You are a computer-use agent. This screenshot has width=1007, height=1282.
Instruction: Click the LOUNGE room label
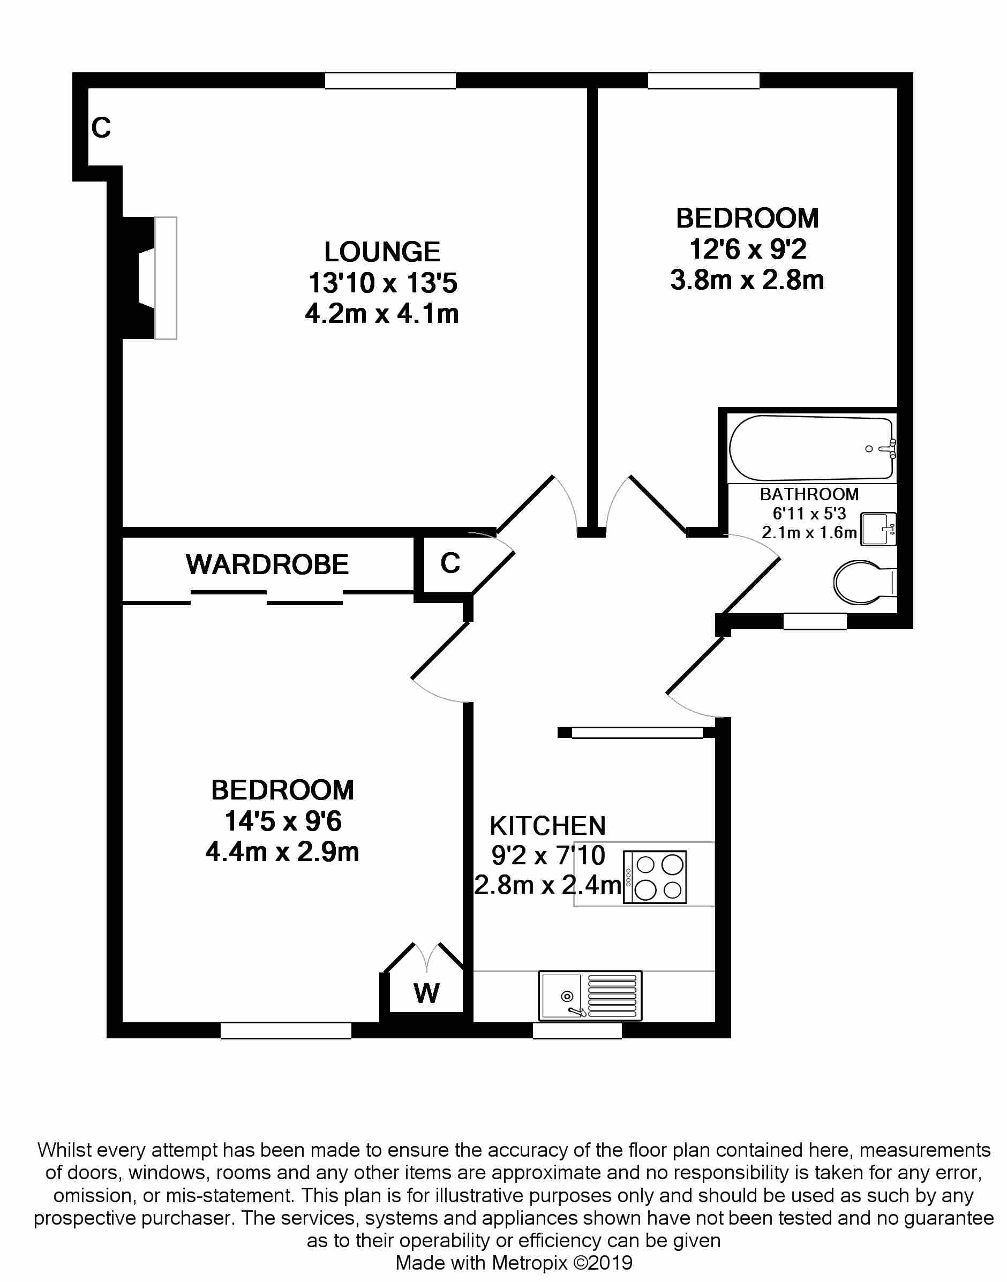coord(382,252)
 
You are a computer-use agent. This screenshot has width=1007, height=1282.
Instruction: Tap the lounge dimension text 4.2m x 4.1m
coord(382,314)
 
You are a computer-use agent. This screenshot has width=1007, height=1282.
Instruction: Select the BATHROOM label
coord(809,494)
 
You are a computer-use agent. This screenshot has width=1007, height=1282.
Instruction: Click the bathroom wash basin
coord(878,529)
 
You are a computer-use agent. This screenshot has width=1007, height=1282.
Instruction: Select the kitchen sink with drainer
coord(590,996)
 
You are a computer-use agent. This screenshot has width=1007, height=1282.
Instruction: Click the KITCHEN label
coord(548,826)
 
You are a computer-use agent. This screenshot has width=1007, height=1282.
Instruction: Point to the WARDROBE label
coord(267,564)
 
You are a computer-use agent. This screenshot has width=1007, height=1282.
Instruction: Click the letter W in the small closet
coord(426,994)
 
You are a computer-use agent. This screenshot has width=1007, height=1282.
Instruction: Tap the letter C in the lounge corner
coord(101,127)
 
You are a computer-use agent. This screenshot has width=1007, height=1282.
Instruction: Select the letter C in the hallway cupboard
coord(450,563)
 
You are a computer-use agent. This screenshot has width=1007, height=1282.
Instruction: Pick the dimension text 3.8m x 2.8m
coord(747,280)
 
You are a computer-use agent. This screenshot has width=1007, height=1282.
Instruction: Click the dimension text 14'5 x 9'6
coord(282,821)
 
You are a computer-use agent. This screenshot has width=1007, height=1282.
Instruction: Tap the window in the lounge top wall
coord(390,81)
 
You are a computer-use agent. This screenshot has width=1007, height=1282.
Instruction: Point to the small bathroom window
coord(815,621)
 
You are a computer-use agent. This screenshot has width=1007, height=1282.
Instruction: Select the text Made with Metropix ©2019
coord(514,1263)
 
